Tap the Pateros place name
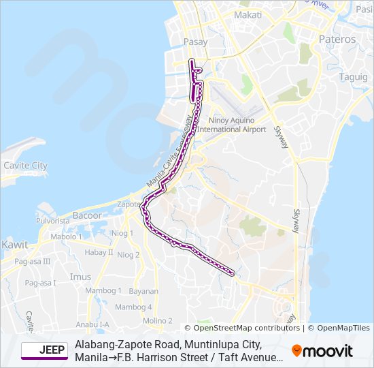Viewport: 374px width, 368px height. point(337,40)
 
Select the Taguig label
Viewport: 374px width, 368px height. point(353,77)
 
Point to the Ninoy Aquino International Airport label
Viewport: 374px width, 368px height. point(231,125)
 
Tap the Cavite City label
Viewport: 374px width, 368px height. point(26,166)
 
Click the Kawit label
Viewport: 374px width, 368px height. point(15,244)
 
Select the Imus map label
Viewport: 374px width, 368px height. point(80,277)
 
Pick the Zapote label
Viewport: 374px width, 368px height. point(129,204)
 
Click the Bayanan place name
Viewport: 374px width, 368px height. point(143,290)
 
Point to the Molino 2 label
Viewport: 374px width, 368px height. point(157,320)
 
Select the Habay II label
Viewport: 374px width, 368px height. point(99,252)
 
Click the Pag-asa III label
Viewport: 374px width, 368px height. point(33,261)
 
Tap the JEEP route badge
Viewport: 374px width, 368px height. point(44,350)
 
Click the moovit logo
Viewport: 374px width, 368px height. point(322,351)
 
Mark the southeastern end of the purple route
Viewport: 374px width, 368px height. point(233,274)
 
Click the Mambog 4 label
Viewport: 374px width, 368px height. point(133,307)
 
